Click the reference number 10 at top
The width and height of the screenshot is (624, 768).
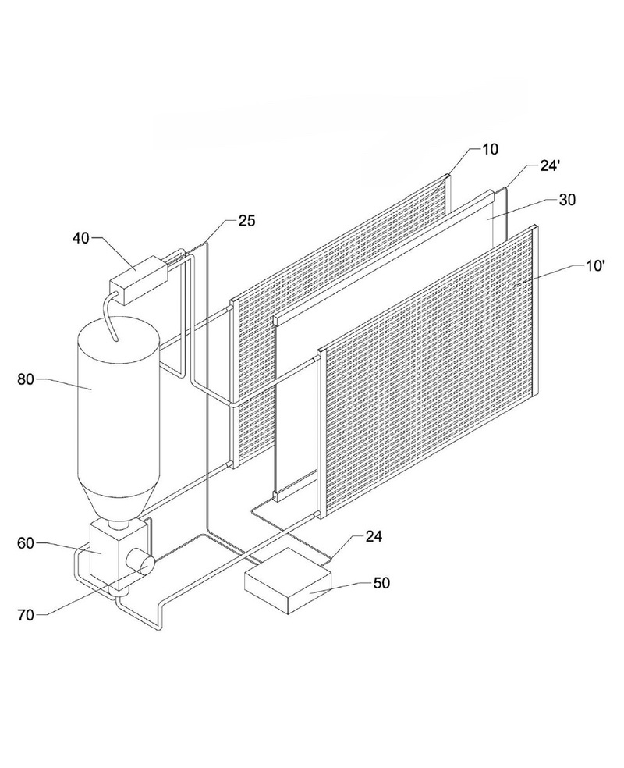point(490,149)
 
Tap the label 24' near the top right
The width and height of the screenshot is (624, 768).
point(550,166)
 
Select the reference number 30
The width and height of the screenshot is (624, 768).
point(568,200)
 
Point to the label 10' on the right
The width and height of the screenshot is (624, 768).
point(596,266)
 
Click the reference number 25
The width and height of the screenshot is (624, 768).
point(247,221)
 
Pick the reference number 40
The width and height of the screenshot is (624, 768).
point(81,239)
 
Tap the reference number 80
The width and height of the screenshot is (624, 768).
point(26,379)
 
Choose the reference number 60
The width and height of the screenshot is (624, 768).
point(26,543)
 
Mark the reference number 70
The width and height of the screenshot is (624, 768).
point(26,615)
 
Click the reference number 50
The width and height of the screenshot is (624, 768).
point(381,583)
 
